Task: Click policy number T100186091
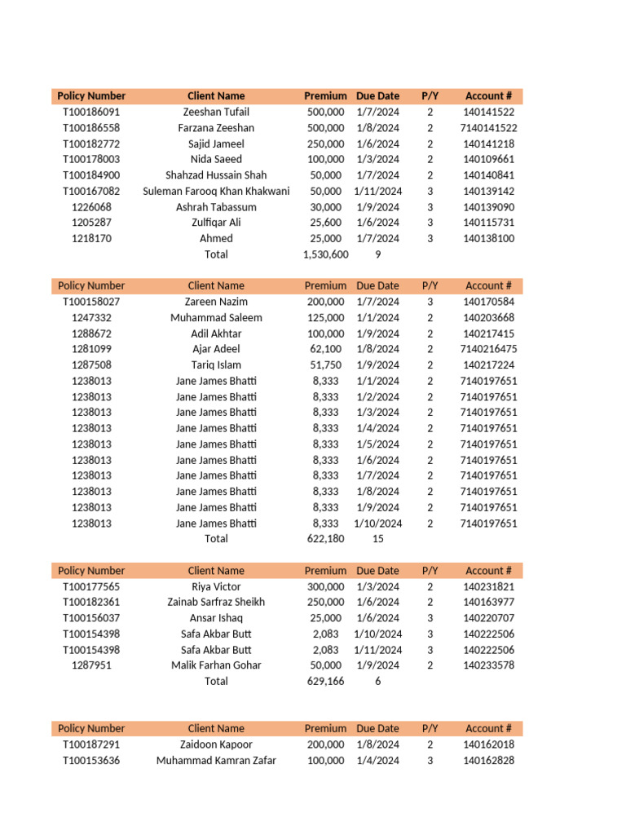[x=91, y=112]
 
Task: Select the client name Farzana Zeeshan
[x=216, y=128]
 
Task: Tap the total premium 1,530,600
[x=325, y=254]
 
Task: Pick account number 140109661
[x=488, y=159]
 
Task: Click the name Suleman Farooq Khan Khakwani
[x=216, y=191]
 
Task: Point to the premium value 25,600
[x=326, y=223]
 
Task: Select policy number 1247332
[x=91, y=317]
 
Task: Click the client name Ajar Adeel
[x=216, y=349]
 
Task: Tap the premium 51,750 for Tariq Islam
[x=326, y=365]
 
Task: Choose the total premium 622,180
[x=326, y=539]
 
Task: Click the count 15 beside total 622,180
[x=377, y=539]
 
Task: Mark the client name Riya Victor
[x=216, y=586]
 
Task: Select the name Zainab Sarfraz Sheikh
[x=216, y=602]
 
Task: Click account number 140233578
[x=488, y=665]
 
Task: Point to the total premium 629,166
[x=326, y=681]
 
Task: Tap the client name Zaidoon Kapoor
[x=216, y=744]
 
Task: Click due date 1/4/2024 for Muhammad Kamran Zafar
[x=377, y=760]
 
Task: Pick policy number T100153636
[x=91, y=760]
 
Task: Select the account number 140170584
[x=488, y=302]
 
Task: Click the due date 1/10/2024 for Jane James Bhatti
[x=377, y=524]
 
